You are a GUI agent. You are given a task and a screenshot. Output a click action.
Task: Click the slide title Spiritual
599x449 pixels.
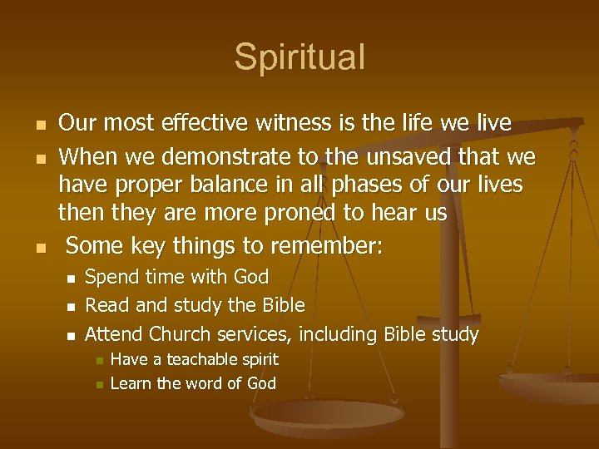click(299, 57)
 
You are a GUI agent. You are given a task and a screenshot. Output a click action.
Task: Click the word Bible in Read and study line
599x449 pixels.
click(278, 305)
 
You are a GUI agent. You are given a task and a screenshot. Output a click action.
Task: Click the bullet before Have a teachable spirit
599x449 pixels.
click(97, 361)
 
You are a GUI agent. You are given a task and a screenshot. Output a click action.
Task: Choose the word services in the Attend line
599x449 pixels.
click(255, 334)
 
